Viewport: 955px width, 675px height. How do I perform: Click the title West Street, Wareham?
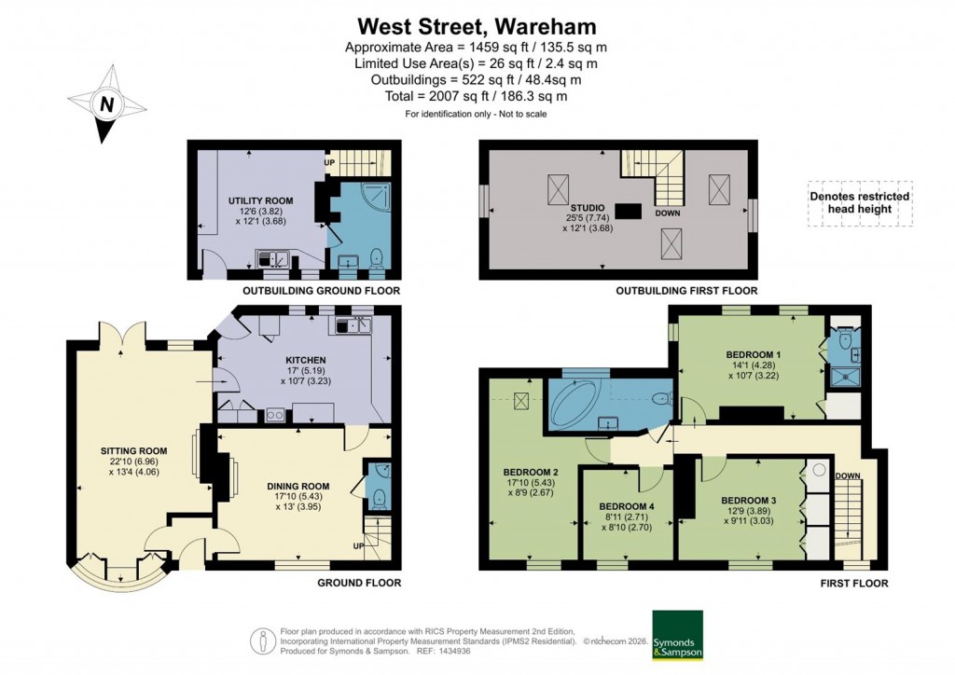[477, 25]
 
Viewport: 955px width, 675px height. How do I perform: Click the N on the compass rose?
[107, 105]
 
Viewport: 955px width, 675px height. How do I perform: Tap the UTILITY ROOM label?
[261, 200]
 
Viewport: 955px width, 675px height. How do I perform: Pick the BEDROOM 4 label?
[626, 507]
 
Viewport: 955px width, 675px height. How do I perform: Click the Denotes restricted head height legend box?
[859, 202]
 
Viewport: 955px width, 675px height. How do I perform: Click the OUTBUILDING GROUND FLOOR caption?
[321, 292]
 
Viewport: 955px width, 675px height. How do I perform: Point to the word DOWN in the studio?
[667, 212]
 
